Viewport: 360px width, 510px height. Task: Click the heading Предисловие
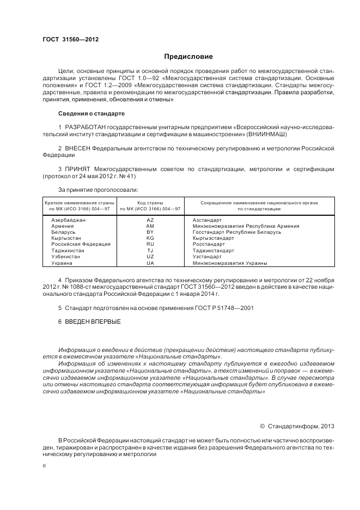pos(189,56)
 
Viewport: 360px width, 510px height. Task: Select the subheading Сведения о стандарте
pos(91,113)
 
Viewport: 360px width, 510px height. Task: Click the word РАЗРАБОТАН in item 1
pos(83,127)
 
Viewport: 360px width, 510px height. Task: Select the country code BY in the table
pos(150,232)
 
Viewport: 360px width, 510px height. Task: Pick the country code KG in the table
pos(150,238)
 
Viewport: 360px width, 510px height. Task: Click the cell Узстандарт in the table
pos(207,257)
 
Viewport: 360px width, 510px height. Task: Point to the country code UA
pos(150,263)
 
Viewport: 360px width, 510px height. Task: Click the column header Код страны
pos(150,202)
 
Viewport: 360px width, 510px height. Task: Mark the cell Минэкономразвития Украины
pos(230,263)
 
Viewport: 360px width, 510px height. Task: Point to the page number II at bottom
pos(45,466)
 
